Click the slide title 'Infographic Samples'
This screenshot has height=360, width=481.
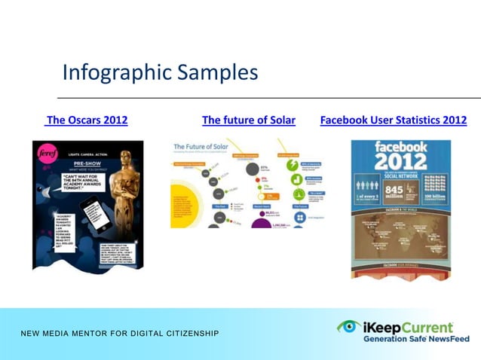pyautogui.click(x=160, y=72)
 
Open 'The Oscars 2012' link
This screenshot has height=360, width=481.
pyautogui.click(x=87, y=120)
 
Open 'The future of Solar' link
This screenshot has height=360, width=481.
pyautogui.click(x=248, y=120)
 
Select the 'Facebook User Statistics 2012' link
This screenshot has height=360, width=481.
pyautogui.click(x=393, y=120)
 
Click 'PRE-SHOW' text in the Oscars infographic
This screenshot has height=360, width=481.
pyautogui.click(x=81, y=171)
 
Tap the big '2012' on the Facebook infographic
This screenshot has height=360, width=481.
pyautogui.click(x=401, y=160)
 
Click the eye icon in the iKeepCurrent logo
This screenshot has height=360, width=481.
pyautogui.click(x=348, y=326)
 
